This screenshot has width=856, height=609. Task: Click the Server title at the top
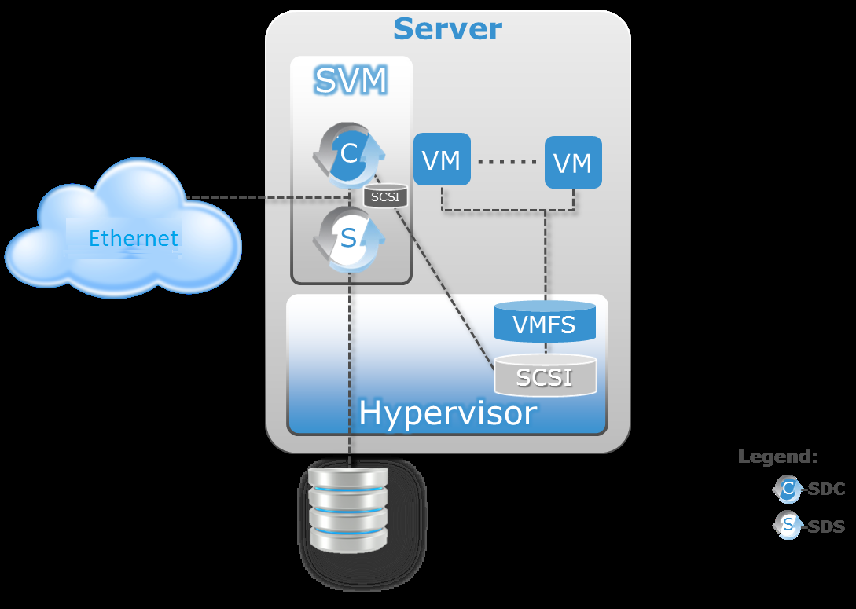click(x=447, y=29)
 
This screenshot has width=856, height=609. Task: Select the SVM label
click(x=351, y=80)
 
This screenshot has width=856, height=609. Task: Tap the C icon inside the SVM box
click(x=349, y=153)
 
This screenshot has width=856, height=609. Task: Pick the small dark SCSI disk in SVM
click(x=385, y=196)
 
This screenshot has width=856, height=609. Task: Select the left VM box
click(x=441, y=160)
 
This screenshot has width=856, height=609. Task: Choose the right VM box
click(x=573, y=163)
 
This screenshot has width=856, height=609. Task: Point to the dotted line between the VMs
click(x=507, y=162)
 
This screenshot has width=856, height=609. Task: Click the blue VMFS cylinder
click(x=545, y=323)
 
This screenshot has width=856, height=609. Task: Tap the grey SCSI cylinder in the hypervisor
click(x=545, y=376)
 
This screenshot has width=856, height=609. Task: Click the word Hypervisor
click(x=447, y=413)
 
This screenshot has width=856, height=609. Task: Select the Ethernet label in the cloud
click(x=133, y=238)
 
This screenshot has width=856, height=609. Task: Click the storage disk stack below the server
click(x=349, y=511)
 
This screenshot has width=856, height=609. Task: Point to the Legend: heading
click(x=777, y=457)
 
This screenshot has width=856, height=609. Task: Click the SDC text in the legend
click(x=826, y=490)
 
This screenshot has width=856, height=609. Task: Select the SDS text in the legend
click(x=826, y=526)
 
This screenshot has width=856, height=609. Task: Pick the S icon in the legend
click(x=787, y=525)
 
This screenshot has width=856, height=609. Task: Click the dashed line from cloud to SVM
click(x=236, y=197)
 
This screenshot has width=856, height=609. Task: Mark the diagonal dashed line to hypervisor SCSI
click(x=448, y=291)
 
